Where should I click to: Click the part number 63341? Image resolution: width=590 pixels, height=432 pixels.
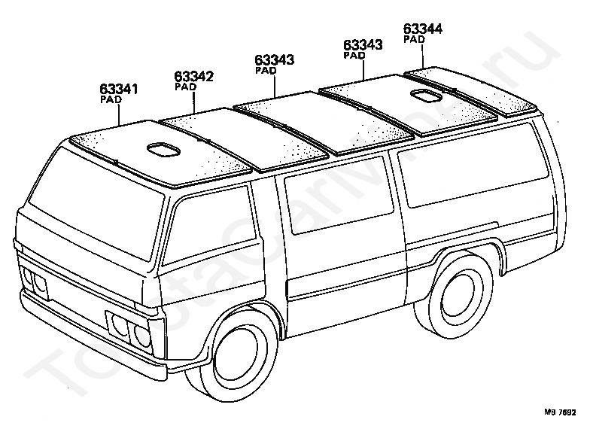pyautogui.click(x=118, y=89)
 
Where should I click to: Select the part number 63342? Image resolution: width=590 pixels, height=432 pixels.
pyautogui.click(x=194, y=76)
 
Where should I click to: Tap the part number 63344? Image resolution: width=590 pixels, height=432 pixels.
pyautogui.click(x=422, y=29)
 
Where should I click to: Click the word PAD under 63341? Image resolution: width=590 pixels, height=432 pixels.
pyautogui.click(x=111, y=99)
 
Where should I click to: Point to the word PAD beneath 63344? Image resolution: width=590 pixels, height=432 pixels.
pyautogui.click(x=414, y=39)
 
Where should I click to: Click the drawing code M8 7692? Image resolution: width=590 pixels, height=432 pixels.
pyautogui.click(x=560, y=413)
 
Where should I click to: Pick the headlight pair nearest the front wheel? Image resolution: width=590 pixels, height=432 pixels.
pyautogui.click(x=131, y=331)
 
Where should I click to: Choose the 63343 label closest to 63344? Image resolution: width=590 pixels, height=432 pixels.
pyautogui.click(x=363, y=45)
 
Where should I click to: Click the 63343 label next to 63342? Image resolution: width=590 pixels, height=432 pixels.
pyautogui.click(x=274, y=60)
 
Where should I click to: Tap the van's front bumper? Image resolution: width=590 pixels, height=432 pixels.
pyautogui.click(x=98, y=339)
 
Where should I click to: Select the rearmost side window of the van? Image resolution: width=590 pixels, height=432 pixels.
pyautogui.click(x=473, y=177)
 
